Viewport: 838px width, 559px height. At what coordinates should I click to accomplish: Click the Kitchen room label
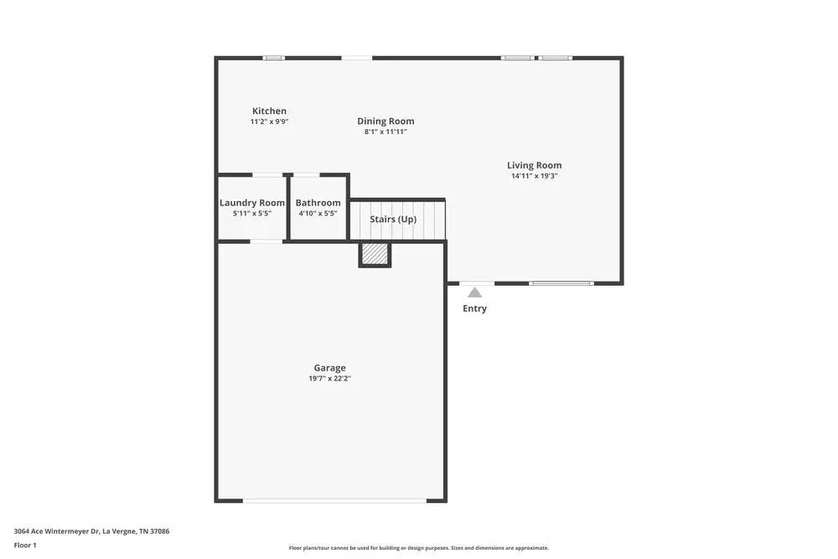click(269, 111)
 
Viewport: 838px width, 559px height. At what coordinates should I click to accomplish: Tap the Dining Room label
click(385, 121)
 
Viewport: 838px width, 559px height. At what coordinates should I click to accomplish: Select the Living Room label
click(534, 165)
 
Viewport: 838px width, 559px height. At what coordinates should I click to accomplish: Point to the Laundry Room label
click(252, 203)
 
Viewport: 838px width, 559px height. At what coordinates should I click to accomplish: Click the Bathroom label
click(318, 203)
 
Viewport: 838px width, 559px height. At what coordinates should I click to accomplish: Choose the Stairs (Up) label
click(393, 220)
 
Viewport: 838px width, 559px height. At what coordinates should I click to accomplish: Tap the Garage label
click(329, 368)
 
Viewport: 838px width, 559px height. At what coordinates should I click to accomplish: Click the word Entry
click(474, 308)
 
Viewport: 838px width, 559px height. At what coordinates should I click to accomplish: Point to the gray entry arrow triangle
click(474, 292)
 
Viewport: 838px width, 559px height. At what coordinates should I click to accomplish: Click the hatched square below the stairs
click(375, 254)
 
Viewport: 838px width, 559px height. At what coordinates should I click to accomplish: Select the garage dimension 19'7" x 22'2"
click(329, 379)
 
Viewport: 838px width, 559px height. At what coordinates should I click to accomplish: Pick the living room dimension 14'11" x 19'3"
click(534, 176)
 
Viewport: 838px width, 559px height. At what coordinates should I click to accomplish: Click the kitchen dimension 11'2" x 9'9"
click(269, 122)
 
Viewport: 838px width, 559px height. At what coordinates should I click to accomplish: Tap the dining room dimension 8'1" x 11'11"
click(385, 132)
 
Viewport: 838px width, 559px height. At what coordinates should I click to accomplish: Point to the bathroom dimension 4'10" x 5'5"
click(318, 214)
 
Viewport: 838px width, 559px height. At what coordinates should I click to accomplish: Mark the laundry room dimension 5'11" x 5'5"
click(252, 214)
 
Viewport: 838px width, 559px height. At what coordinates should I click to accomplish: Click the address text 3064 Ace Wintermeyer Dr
click(91, 531)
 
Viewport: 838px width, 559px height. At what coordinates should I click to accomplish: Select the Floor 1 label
click(25, 545)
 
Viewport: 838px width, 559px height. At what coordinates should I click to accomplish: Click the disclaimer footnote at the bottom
click(419, 548)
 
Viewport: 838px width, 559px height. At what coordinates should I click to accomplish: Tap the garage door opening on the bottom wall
click(335, 500)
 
